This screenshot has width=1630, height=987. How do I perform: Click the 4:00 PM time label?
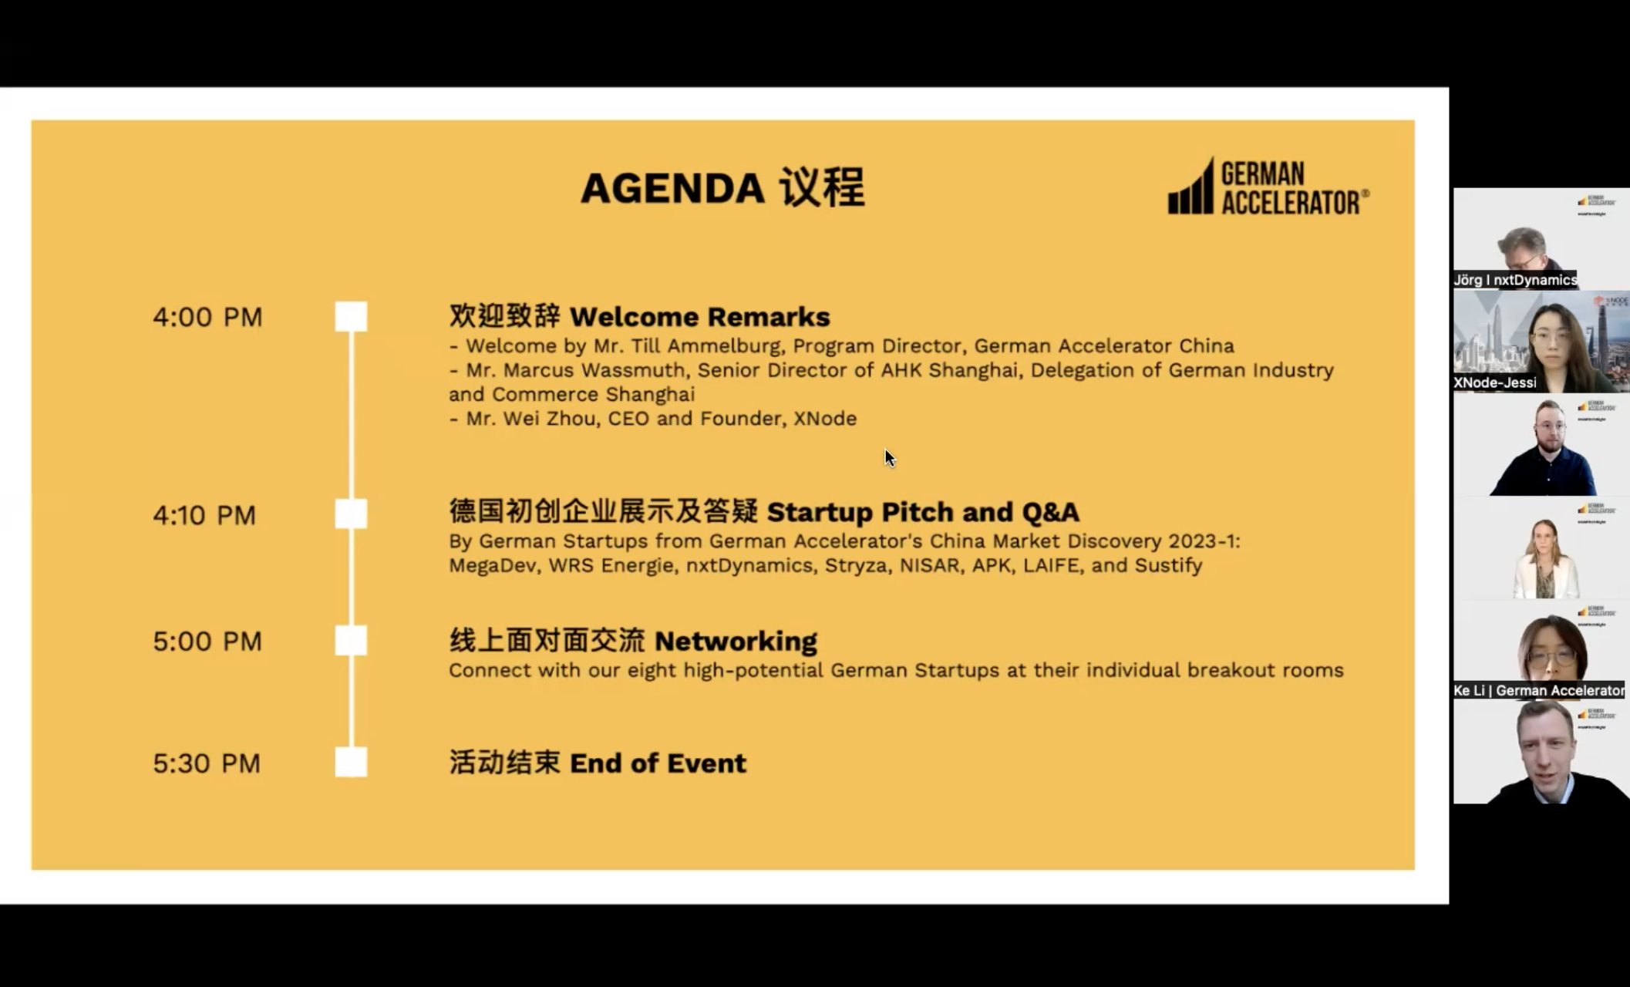click(x=207, y=317)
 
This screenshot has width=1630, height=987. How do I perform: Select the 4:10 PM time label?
click(x=204, y=515)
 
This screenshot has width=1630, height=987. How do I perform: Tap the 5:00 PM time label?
click(x=207, y=642)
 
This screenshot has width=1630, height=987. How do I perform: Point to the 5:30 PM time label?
click(x=207, y=763)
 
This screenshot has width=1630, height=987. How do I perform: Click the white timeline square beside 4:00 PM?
click(x=351, y=317)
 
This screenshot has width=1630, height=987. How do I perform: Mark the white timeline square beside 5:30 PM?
click(x=351, y=763)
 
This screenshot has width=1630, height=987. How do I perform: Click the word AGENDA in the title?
click(x=672, y=188)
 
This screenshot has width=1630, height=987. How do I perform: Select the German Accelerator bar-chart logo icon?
click(x=1191, y=188)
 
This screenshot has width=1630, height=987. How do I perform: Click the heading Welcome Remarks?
click(x=699, y=317)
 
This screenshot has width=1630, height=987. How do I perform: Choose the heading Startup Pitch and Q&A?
click(x=923, y=512)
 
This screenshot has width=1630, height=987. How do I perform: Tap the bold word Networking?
click(x=736, y=641)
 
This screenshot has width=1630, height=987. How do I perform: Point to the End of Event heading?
click(x=658, y=763)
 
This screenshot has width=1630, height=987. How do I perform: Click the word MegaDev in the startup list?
click(x=493, y=566)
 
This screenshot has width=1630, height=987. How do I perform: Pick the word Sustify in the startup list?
click(x=1168, y=566)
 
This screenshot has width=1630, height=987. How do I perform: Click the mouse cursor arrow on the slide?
click(x=889, y=457)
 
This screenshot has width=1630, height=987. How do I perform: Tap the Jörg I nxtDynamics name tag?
click(x=1515, y=280)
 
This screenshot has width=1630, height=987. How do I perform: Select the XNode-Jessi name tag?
click(x=1494, y=382)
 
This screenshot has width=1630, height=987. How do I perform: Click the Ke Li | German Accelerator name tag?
click(x=1538, y=690)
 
